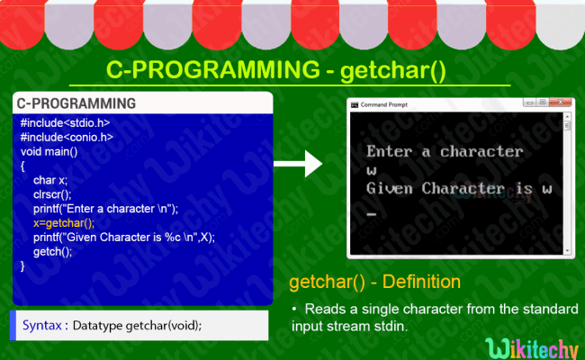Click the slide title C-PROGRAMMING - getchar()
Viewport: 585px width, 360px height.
(x=275, y=70)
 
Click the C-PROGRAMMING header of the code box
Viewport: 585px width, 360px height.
(x=76, y=103)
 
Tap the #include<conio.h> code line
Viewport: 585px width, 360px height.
(x=66, y=138)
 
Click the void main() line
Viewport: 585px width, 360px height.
(x=49, y=152)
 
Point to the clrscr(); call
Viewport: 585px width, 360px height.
(x=52, y=194)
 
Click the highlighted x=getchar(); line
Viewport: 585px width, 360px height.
(x=63, y=222)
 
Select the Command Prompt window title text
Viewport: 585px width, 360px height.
(x=384, y=105)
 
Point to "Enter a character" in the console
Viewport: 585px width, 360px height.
(x=444, y=151)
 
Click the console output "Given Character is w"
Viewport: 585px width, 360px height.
(x=458, y=189)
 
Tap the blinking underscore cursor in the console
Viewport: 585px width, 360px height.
(x=371, y=214)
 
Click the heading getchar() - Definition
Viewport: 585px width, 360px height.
(x=374, y=283)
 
